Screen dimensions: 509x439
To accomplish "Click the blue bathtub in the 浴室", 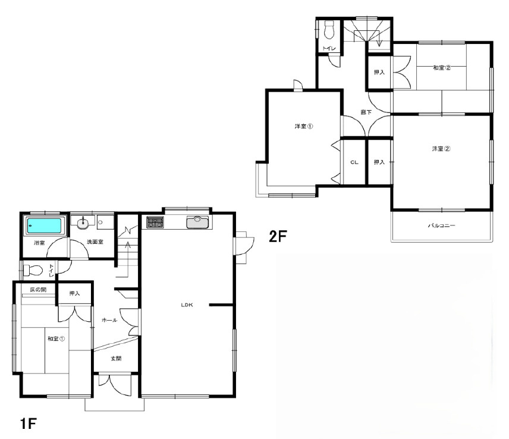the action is (x=44, y=225).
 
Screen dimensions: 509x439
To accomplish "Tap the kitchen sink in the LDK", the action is (x=197, y=222).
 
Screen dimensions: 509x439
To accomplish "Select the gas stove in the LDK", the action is (x=155, y=222).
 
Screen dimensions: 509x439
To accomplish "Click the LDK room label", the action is (x=187, y=305).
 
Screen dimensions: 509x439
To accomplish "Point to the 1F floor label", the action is (x=28, y=424).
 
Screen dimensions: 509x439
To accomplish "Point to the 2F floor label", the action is (x=278, y=236).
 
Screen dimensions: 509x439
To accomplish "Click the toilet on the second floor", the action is (x=329, y=30).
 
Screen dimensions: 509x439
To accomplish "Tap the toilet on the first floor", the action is (x=33, y=270).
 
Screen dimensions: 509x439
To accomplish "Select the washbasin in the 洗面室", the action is (x=83, y=222).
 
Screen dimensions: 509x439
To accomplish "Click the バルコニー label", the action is (x=441, y=225).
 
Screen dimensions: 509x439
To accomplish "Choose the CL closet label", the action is (x=354, y=162).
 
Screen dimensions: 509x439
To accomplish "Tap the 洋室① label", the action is (x=304, y=126).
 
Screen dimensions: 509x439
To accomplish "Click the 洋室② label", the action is (x=441, y=149).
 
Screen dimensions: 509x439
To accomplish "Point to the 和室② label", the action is (x=442, y=68).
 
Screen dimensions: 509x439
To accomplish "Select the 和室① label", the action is (x=56, y=338).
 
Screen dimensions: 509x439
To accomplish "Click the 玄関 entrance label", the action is (x=116, y=359).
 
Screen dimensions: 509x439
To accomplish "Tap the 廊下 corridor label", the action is (x=366, y=112).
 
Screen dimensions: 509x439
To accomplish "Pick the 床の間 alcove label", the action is (x=38, y=289).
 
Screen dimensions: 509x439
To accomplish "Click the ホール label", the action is (x=109, y=320).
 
